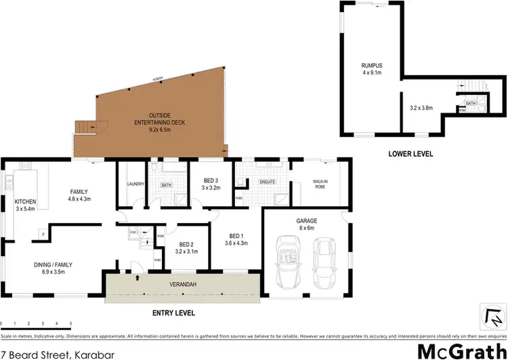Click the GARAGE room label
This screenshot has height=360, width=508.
click(306, 220)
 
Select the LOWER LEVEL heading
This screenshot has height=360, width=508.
click(410, 155)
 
